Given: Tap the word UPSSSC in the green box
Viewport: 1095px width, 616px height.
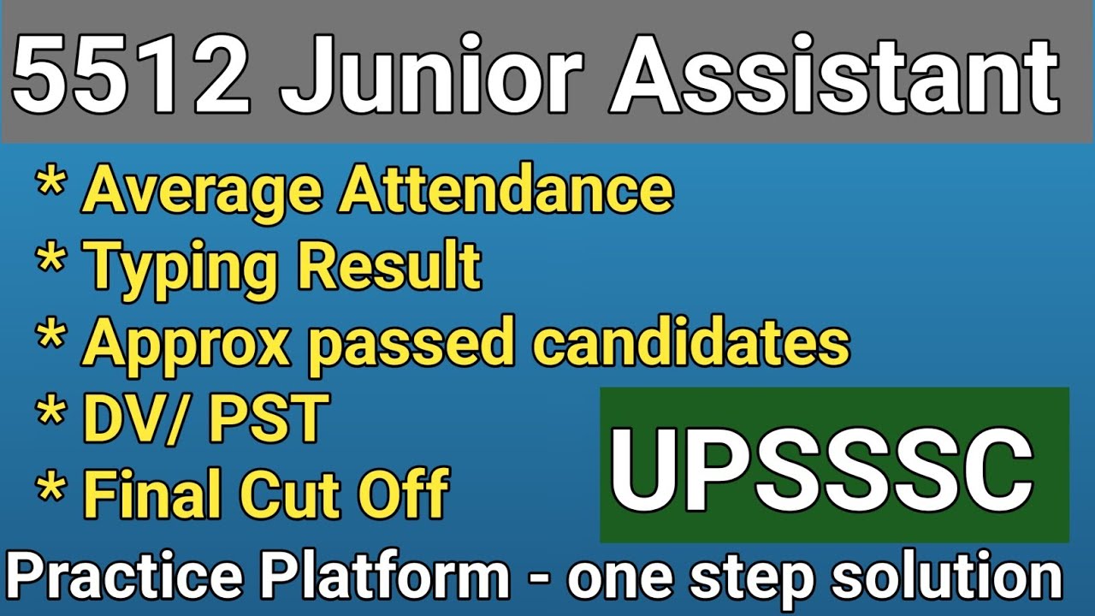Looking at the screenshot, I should pyautogui.click(x=821, y=465).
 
